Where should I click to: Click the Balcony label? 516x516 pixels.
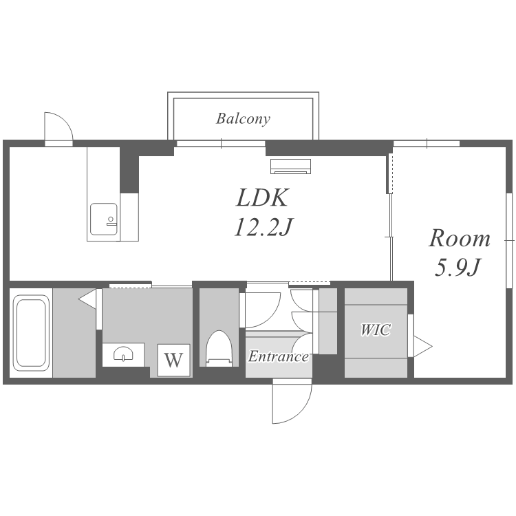pos(243,119)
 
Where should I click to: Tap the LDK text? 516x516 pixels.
pos(263,197)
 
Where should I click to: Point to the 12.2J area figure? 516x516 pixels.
pos(264,227)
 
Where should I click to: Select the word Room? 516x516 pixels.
pos(460,238)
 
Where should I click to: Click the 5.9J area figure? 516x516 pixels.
pos(458,267)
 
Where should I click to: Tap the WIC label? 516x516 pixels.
pos(376,330)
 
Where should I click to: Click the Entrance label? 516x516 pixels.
pos(279,356)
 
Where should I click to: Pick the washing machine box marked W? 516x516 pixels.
pos(174,360)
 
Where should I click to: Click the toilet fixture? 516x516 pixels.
pos(219,348)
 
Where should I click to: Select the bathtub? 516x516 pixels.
pos(31,332)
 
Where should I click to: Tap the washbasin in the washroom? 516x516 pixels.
pos(123,354)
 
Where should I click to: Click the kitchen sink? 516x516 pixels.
pos(104,219)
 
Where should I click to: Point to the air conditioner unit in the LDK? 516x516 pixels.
pos(290,166)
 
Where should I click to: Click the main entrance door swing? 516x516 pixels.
pos(292,401)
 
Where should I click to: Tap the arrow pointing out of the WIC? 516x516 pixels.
pos(423,346)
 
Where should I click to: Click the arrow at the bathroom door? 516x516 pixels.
pos(87,299)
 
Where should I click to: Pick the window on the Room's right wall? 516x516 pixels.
pos(509,241)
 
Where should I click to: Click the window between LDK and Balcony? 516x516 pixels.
pos(221,144)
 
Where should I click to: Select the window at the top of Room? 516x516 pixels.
pos(427,144)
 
